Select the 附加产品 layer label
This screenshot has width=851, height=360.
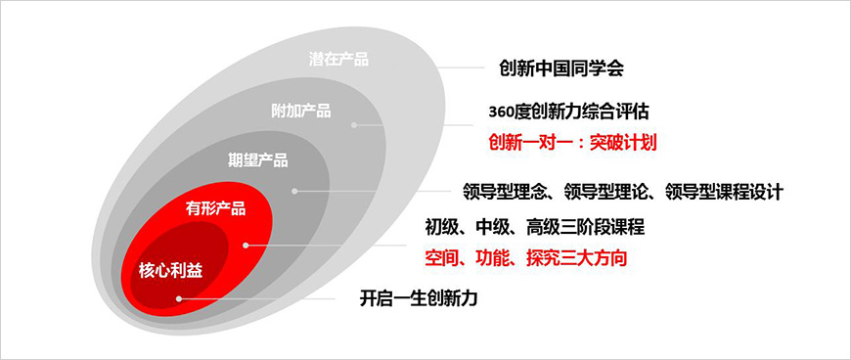(300, 111)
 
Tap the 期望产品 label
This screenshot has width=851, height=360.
(257, 160)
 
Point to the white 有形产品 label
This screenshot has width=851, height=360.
(215, 208)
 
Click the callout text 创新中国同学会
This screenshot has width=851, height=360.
(560, 68)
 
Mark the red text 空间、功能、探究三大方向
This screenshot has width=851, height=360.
(525, 258)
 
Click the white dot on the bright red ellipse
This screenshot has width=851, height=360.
(246, 245)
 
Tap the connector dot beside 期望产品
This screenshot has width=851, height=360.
(293, 193)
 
